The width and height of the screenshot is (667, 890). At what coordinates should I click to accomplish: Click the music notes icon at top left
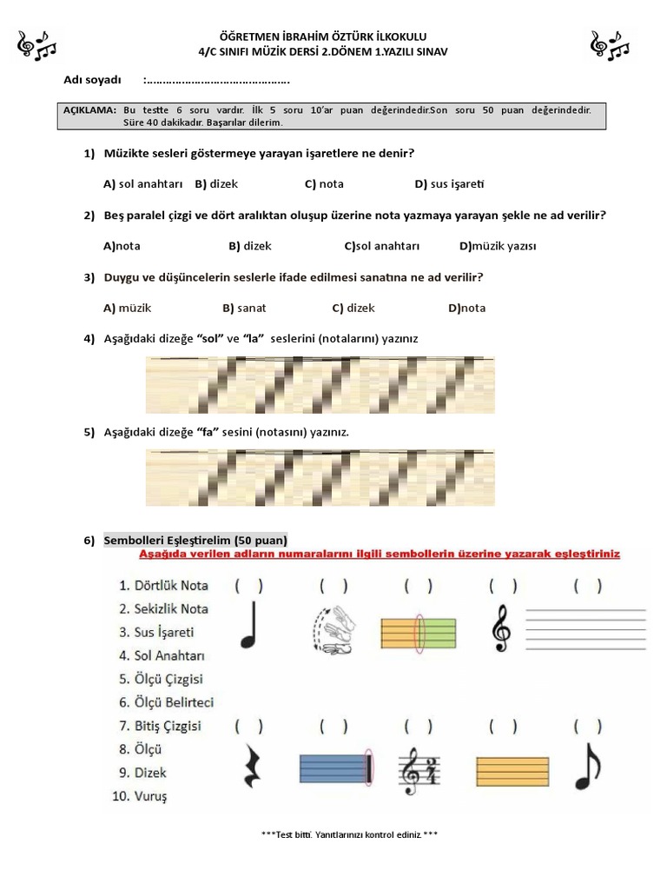coord(36,45)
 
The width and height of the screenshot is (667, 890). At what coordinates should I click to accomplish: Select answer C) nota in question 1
coord(324,184)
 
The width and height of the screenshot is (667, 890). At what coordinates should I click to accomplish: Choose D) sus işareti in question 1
coord(449,184)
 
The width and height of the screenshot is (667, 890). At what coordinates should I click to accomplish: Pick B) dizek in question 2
coord(250,246)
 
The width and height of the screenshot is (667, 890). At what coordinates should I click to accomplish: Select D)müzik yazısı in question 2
coord(498,246)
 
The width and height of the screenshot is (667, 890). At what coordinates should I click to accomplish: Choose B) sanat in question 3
coord(244,308)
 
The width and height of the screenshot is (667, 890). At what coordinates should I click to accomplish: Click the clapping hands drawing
coord(333,628)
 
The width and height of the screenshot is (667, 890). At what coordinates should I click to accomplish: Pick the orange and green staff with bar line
coord(419,628)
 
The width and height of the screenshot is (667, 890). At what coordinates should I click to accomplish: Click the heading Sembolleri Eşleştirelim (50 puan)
coord(195,541)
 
